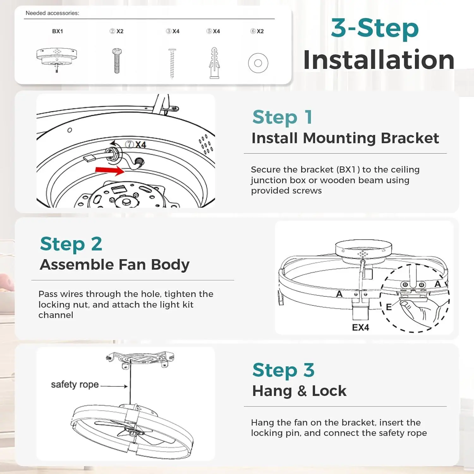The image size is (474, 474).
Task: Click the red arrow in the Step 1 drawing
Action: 110,170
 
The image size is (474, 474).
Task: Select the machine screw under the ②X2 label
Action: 117,61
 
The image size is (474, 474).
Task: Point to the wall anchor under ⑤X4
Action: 214,63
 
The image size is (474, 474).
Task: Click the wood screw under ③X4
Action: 172,63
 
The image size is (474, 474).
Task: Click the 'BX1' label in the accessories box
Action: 58,31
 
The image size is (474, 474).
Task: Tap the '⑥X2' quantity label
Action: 257,31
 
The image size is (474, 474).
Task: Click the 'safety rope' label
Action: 75,385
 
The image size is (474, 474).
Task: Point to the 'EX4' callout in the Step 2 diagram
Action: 361,327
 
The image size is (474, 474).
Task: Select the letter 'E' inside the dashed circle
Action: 389,307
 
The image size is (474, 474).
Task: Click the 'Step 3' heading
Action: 283,370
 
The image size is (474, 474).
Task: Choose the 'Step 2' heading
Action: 71,244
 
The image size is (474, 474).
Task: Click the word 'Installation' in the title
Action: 379,60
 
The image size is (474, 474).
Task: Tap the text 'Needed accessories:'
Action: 52,13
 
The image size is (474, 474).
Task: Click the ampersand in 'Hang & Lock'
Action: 302,391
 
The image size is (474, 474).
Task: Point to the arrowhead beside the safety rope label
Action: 126,386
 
